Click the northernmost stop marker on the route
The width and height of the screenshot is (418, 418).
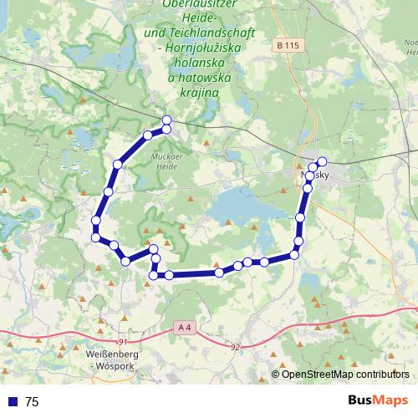[x=166, y=120]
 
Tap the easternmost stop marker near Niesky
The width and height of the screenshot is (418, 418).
[x=321, y=161]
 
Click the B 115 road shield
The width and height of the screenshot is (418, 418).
[x=287, y=44]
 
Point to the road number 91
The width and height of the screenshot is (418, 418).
[x=123, y=342]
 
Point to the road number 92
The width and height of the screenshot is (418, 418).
[x=235, y=345]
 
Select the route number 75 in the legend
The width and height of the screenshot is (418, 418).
[x=32, y=402]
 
